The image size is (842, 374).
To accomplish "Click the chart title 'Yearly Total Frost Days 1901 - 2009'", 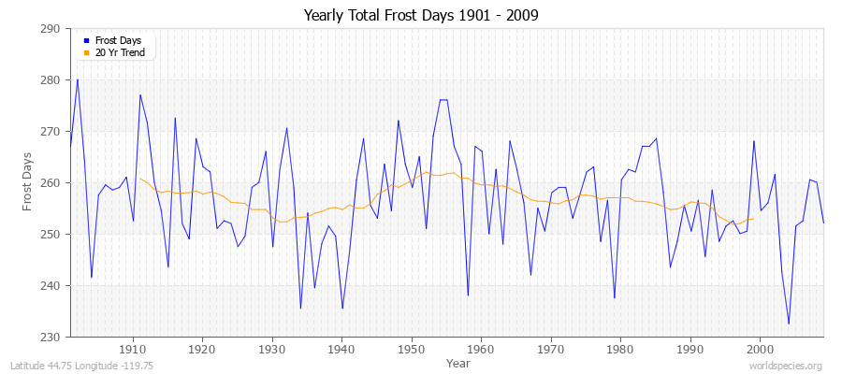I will pos(421,16).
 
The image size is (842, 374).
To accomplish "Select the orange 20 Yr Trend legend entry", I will pos(121,52).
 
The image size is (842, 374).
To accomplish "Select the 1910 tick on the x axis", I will pos(132,349).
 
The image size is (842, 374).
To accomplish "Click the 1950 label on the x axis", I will pos(411,349).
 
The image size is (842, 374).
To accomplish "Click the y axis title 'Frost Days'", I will pos(28,182).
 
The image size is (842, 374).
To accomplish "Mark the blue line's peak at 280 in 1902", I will pos(77,79).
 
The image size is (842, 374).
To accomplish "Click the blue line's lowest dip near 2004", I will pos(789,324).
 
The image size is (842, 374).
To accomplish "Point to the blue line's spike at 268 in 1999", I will pos(753,141).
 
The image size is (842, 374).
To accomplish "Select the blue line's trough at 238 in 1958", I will pos(468,295).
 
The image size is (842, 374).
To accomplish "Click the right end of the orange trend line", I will pos(753,219).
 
